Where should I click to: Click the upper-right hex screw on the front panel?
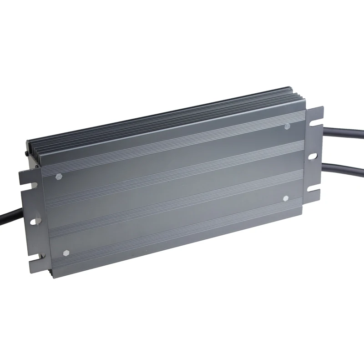pyautogui.click(x=288, y=126)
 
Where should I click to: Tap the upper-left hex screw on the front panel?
pyautogui.click(x=58, y=176)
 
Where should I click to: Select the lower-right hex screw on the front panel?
pyautogui.click(x=286, y=198)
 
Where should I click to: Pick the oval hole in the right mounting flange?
pyautogui.click(x=313, y=156)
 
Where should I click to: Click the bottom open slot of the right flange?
pyautogui.click(x=316, y=190)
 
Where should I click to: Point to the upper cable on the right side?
pyautogui.click(x=346, y=135)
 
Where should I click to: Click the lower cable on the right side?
pyautogui.click(x=346, y=169)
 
